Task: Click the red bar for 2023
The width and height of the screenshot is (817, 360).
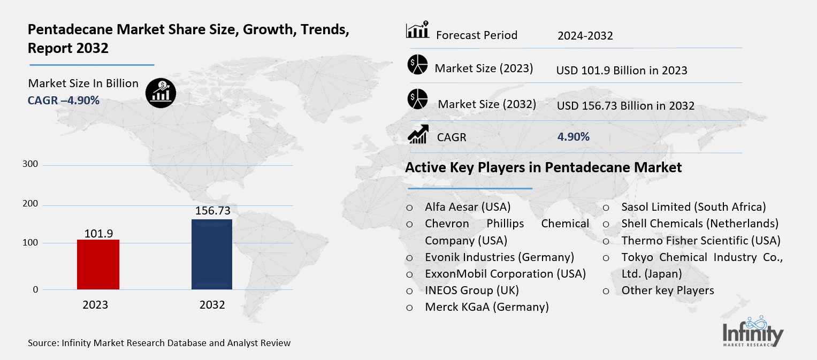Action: click(98, 264)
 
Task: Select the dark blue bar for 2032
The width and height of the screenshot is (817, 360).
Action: click(212, 254)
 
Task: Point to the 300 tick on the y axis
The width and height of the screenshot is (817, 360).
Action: click(31, 164)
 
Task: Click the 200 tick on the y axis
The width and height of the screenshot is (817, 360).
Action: click(31, 204)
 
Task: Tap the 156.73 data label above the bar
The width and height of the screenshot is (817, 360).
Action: click(212, 211)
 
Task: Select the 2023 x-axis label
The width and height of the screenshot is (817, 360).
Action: click(95, 305)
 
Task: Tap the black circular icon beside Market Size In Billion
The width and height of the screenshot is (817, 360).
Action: click(160, 93)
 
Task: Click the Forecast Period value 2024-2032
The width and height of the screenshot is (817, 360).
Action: click(585, 36)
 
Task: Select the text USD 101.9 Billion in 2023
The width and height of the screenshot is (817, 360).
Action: click(621, 70)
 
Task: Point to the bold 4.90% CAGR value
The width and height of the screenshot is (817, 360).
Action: click(573, 137)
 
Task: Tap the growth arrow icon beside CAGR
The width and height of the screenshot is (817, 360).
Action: click(418, 134)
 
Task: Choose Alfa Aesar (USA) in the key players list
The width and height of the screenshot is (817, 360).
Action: click(468, 206)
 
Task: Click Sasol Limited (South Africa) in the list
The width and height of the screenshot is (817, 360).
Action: click(693, 206)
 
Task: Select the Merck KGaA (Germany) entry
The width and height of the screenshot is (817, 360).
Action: click(487, 307)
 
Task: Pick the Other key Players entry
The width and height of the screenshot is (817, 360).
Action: click(667, 290)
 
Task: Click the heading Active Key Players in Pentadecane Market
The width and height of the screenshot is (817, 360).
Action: click(543, 167)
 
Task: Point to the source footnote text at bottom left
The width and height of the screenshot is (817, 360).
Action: click(159, 343)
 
